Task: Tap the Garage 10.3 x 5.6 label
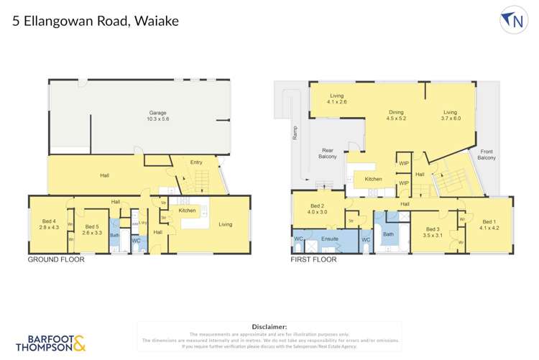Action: click(x=157, y=117)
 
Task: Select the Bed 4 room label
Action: click(x=48, y=223)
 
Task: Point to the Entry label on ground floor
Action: click(x=196, y=162)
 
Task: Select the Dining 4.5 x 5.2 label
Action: click(x=397, y=116)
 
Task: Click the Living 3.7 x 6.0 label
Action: click(x=451, y=116)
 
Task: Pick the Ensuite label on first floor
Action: click(x=328, y=238)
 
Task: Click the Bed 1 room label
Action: click(x=489, y=225)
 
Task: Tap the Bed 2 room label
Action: click(x=318, y=208)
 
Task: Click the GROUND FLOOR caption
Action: click(x=55, y=259)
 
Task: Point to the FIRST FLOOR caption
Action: click(x=313, y=259)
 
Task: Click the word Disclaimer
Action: click(x=269, y=326)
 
